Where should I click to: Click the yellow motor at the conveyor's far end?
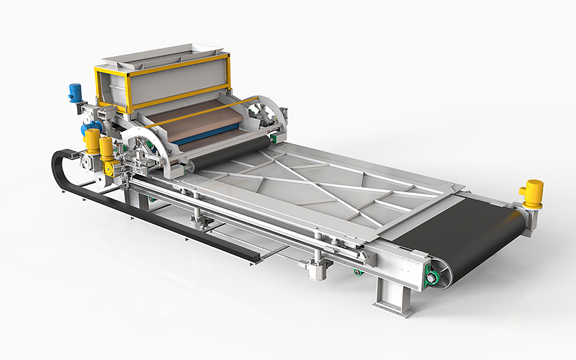[532, 193]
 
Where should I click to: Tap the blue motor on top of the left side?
[75, 92]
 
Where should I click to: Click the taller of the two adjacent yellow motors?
[92, 140]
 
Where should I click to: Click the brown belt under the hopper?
[194, 119]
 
